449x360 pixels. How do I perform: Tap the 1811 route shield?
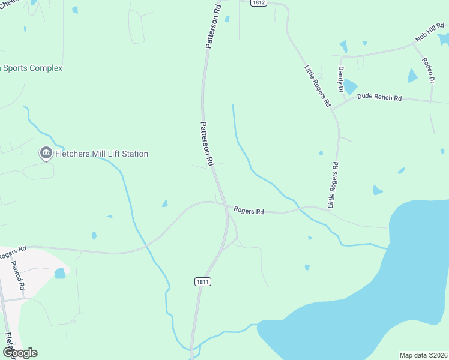coord(203,281)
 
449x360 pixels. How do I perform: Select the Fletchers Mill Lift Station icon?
coord(46,154)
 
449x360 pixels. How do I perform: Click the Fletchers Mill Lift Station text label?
coord(101,154)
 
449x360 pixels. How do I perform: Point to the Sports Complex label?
coord(32,68)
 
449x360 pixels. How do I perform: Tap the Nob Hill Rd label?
coord(430,34)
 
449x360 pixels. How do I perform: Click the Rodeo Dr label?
coord(427,70)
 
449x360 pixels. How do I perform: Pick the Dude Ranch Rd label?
coord(379,97)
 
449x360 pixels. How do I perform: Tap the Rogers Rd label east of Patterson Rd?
coord(249,211)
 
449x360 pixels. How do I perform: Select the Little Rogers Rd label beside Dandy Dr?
coord(318,86)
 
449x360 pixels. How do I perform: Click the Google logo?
coord(19,353)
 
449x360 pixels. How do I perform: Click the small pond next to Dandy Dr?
coord(350,87)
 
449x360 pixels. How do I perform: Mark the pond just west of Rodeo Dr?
coord(412,76)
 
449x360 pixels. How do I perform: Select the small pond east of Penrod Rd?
coord(60,274)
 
